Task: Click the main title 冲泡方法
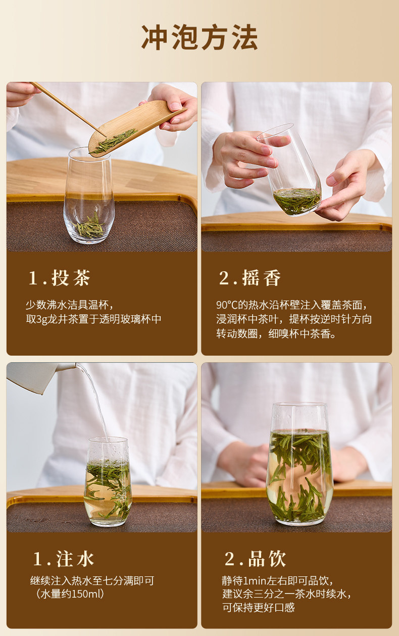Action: pyautogui.click(x=199, y=37)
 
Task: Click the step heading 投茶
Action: pyautogui.click(x=59, y=278)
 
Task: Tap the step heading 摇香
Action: pyautogui.click(x=250, y=278)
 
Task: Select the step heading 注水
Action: pyautogui.click(x=64, y=559)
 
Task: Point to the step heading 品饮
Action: pyautogui.click(x=255, y=559)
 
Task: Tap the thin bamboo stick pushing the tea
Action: pyautogui.click(x=66, y=106)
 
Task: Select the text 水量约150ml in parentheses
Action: pyautogui.click(x=70, y=594)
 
